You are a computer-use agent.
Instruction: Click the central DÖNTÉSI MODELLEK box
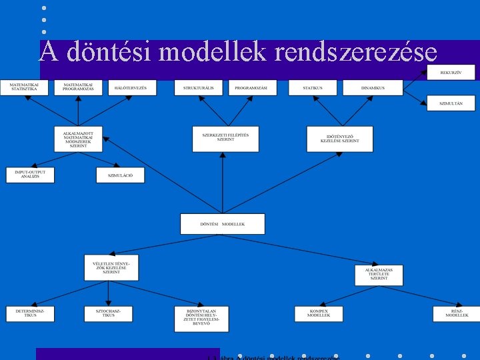[222, 224]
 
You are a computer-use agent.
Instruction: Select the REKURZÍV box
[451, 72]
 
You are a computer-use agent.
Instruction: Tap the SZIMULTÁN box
[451, 103]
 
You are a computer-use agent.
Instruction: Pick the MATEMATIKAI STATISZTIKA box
[24, 87]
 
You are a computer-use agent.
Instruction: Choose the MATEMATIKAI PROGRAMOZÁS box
[78, 87]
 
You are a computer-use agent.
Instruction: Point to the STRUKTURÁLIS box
[199, 87]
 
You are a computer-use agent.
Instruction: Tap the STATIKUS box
[312, 87]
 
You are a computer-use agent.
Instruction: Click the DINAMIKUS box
[373, 87]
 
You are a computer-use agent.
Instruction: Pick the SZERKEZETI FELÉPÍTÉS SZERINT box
[225, 138]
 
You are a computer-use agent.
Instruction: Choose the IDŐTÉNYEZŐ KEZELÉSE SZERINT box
[339, 139]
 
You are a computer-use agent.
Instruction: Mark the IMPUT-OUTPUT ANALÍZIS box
[30, 175]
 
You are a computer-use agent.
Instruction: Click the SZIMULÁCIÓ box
[120, 175]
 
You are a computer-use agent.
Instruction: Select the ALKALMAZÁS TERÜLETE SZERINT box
[379, 275]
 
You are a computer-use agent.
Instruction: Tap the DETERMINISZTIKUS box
[30, 313]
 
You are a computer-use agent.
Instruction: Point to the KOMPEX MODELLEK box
[319, 313]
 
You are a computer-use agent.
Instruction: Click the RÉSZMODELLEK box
[457, 313]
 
